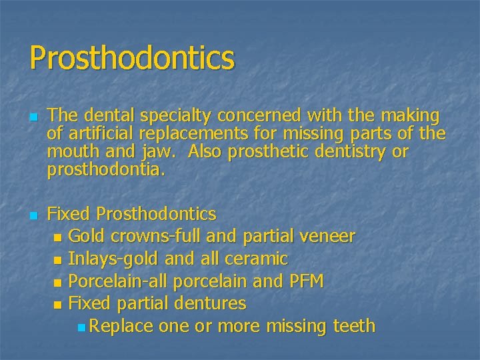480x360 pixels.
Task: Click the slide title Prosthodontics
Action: click(132, 58)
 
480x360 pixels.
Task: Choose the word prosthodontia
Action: click(105, 171)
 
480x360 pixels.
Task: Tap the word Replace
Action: click(121, 327)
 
